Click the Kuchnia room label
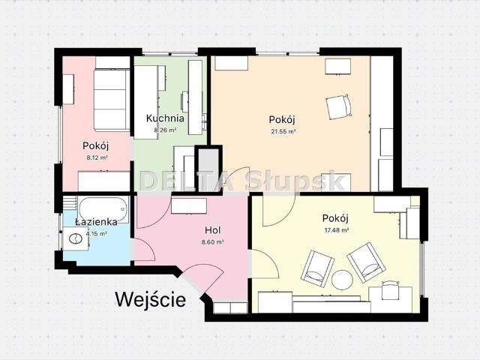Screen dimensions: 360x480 [x=165, y=118]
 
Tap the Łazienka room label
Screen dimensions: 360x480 [x=96, y=222]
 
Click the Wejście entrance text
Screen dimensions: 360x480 [x=150, y=300]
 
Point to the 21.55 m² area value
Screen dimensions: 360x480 [x=283, y=131]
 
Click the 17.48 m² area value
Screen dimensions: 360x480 [x=337, y=230]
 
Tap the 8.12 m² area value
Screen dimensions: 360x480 [x=97, y=158]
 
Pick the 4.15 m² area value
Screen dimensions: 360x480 [x=97, y=233]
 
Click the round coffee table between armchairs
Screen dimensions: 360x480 [x=343, y=280]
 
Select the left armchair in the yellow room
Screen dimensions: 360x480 [x=316, y=267]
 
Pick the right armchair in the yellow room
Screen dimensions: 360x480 [x=367, y=262]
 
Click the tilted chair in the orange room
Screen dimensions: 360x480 [x=338, y=106]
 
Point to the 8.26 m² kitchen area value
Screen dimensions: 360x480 [x=165, y=130]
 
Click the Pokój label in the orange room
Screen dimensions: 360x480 [x=283, y=119]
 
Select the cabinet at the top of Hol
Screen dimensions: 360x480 [x=189, y=204]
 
